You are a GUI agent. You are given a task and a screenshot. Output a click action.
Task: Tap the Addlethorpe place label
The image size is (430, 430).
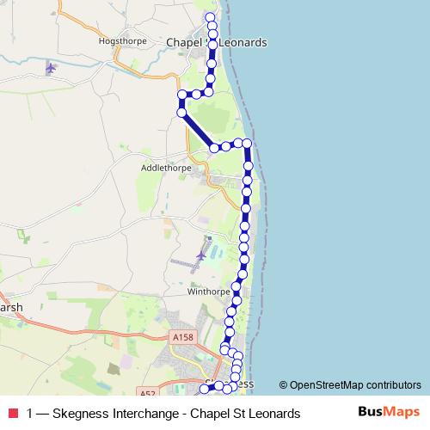coord(162,169)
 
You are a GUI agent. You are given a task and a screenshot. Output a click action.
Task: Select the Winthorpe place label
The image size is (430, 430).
coord(206,292)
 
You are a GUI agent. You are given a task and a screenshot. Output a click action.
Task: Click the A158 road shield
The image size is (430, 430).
coord(183,338)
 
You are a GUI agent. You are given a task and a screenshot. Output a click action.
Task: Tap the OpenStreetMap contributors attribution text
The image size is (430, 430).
coord(355,385)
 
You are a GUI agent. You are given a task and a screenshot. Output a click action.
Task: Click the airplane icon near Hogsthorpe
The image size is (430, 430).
coord(51,68)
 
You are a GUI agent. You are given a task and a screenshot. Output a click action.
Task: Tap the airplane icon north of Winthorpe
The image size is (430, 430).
coord(201,255)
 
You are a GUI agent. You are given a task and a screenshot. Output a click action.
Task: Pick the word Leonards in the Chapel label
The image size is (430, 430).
coord(243,42)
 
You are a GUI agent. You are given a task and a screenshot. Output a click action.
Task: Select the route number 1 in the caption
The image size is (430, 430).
coord(30,413)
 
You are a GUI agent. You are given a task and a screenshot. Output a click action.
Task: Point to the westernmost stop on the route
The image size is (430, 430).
coord(181,95)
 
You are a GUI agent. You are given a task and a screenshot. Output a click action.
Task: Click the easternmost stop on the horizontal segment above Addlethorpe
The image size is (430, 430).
coord(247,143)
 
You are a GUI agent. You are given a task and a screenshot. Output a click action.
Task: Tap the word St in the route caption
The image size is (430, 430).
coord(237,413)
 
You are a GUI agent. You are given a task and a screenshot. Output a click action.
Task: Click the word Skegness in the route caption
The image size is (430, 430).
coord(80,413)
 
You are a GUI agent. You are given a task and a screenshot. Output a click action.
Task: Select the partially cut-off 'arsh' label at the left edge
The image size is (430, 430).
coord(11,307)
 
